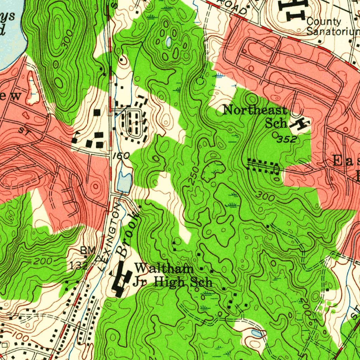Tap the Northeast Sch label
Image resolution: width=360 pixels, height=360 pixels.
coord(255,116)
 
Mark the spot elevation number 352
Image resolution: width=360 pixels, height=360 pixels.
coord(287,140)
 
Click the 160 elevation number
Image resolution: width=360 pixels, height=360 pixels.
coord(121,155)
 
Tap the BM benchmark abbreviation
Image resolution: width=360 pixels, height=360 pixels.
coord(88,250)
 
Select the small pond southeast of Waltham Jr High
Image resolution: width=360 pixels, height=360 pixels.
coord(256,333)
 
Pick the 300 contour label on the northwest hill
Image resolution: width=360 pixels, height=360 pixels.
coord(67,38)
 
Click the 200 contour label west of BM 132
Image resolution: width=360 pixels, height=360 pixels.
coord(43,261)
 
